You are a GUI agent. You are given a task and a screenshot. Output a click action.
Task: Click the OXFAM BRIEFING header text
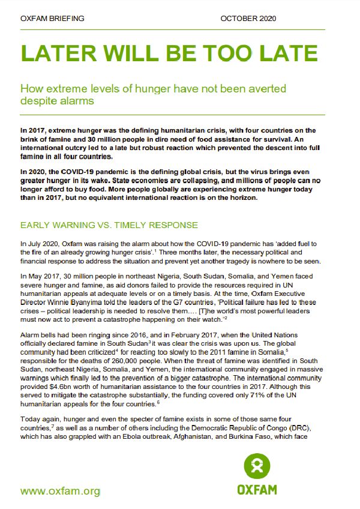pyautogui.click(x=53, y=19)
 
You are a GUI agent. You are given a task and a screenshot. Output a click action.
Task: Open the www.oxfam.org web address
pyautogui.click(x=60, y=491)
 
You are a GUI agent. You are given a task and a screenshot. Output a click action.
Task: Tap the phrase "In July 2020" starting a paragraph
pyautogui.click(x=40, y=244)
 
